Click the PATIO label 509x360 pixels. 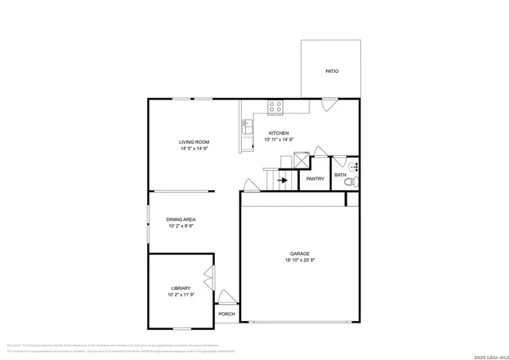point(332,72)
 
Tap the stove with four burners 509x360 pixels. point(276,105)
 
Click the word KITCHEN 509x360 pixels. point(278,133)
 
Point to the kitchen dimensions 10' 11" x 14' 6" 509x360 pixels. point(279,140)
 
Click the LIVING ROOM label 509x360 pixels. point(194,142)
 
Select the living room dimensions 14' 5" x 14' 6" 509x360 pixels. point(194,149)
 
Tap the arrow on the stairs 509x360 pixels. point(282,180)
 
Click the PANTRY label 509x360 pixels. point(315,179)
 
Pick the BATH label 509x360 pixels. point(340,175)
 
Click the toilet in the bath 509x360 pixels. point(349,183)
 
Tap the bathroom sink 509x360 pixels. point(354,167)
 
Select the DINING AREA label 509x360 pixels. point(181,219)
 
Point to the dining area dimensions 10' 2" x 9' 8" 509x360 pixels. point(181,226)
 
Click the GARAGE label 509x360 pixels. point(300,254)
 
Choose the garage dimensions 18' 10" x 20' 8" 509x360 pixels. point(300,261)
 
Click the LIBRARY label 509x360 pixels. point(181,288)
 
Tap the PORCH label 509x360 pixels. point(226,314)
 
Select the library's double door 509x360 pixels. point(209,280)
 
